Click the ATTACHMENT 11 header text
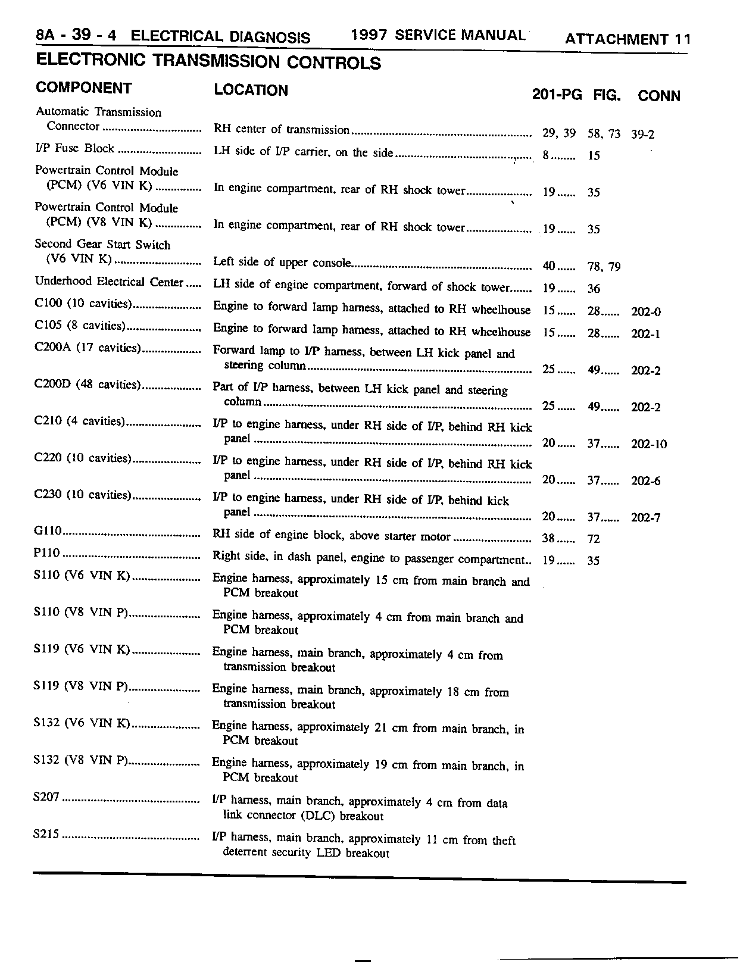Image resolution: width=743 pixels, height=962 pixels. (x=628, y=40)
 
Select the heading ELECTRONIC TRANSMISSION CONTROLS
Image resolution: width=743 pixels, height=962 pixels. (x=208, y=63)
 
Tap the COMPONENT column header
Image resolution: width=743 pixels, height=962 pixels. (x=84, y=88)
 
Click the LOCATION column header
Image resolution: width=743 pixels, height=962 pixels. (x=251, y=90)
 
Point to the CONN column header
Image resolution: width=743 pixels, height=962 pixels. (x=658, y=96)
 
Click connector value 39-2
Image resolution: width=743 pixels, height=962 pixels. (x=642, y=135)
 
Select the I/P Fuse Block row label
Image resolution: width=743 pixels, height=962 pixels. (x=74, y=149)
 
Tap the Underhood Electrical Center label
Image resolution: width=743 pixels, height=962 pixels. (x=109, y=282)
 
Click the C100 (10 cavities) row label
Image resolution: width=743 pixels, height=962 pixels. (x=82, y=304)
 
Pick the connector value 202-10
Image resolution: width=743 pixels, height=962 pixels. (x=649, y=445)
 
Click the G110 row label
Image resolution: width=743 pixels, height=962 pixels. (x=48, y=532)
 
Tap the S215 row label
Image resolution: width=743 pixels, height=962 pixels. (x=47, y=835)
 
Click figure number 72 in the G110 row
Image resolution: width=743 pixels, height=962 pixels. (x=594, y=539)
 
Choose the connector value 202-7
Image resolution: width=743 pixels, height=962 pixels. (x=645, y=518)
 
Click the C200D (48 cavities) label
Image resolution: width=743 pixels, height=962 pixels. (x=87, y=385)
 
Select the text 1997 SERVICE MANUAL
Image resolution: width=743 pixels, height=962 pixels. (x=438, y=35)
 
